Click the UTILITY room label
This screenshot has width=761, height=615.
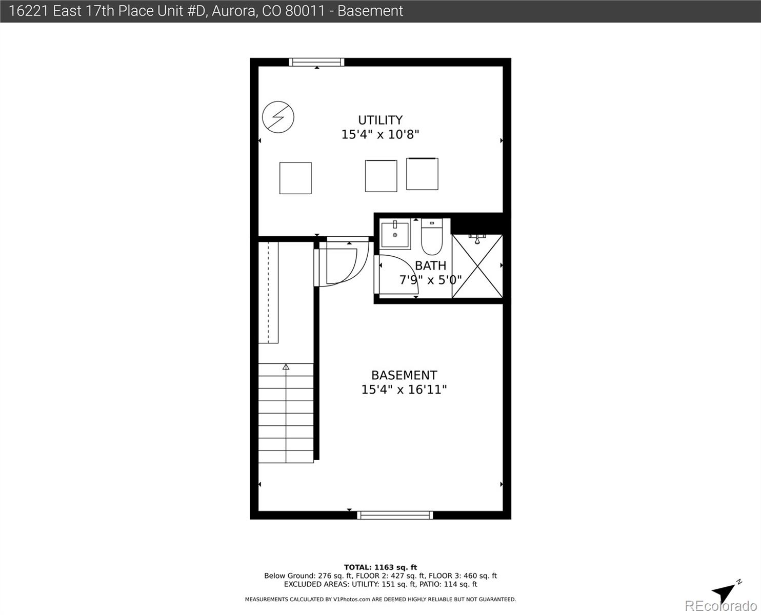click(380, 120)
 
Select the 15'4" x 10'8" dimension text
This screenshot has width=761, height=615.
click(380, 135)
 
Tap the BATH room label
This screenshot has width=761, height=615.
click(430, 265)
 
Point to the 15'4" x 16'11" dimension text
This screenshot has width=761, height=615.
click(404, 389)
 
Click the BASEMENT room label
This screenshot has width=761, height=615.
click(404, 375)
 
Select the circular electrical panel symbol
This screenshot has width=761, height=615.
click(278, 117)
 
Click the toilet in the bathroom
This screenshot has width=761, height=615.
click(432, 237)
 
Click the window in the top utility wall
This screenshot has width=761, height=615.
click(316, 62)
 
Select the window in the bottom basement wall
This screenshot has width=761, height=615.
click(395, 515)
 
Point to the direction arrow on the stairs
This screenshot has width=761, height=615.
click(286, 367)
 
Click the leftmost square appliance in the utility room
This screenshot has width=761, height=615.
click(295, 178)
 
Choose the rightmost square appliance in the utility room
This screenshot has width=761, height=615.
click(422, 174)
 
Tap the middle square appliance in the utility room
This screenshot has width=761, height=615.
click(381, 176)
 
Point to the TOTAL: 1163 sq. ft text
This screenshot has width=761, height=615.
click(380, 567)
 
